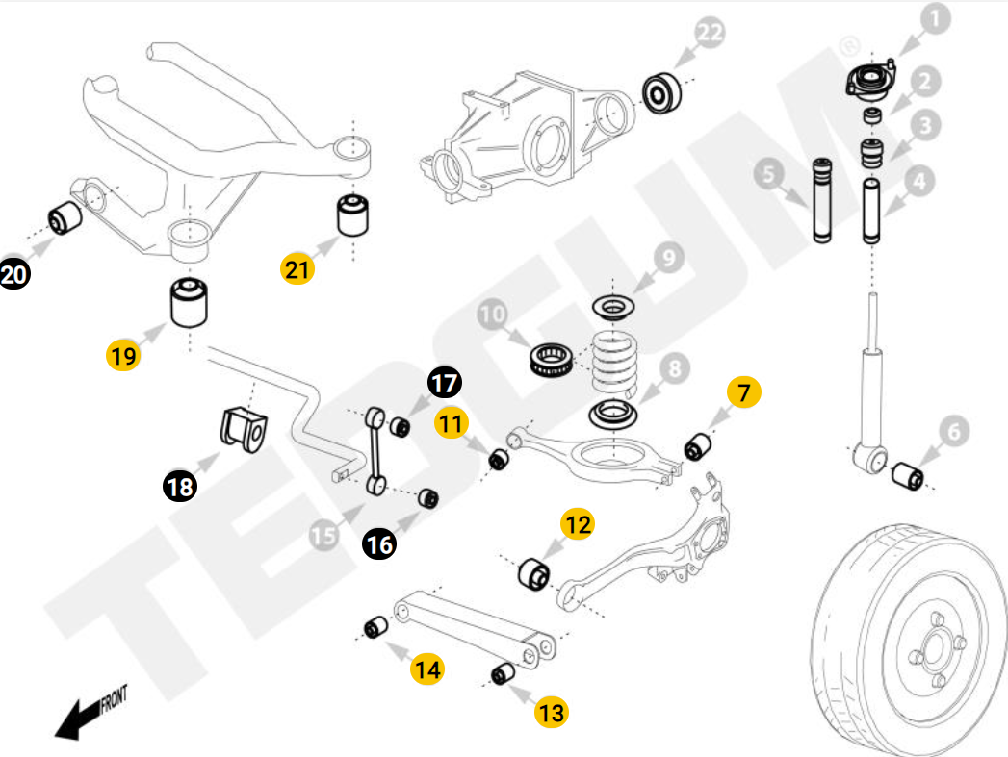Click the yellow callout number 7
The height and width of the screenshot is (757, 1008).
point(744,392)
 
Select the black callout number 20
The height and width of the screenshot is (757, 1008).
point(14,275)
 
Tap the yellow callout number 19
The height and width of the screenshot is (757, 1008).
point(123,356)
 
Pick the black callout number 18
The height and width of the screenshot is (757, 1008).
point(179,487)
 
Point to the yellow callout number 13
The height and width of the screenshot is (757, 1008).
point(551,713)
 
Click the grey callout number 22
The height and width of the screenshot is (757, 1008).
point(710,34)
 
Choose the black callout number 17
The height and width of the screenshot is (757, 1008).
point(444,383)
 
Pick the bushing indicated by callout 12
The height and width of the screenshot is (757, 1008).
point(533,573)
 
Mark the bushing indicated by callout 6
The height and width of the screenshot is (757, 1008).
point(908,474)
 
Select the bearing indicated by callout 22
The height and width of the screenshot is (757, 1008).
point(660,93)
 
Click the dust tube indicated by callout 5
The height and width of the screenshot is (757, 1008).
point(823,199)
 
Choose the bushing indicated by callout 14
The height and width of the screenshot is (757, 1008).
point(375,629)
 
